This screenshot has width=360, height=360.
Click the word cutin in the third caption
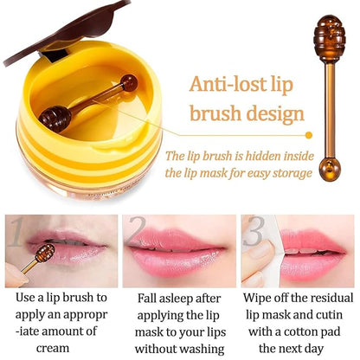[332, 314]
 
